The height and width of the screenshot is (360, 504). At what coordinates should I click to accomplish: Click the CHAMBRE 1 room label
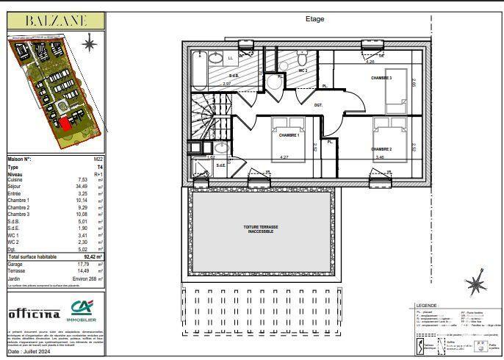coord(289,135)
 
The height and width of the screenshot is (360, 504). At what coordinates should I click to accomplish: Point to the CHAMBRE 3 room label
coord(381,78)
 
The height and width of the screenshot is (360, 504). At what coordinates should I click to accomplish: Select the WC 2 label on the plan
coord(303,70)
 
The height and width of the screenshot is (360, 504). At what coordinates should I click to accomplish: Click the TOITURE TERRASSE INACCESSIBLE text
coord(261,229)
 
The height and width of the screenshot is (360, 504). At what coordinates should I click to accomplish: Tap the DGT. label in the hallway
coord(318,105)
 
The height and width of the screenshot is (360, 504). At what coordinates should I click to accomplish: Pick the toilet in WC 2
coord(303,57)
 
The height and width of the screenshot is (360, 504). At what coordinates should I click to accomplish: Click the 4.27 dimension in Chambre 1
coord(284,156)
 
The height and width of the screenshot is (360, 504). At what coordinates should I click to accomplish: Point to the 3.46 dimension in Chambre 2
coord(380,156)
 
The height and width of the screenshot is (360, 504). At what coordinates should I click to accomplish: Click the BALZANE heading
coord(56,21)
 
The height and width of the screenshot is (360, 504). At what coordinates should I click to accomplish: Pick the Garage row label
coord(15,263)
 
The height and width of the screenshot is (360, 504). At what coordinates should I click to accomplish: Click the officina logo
coord(34,314)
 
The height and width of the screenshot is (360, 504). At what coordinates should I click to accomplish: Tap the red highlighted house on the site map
coord(65,123)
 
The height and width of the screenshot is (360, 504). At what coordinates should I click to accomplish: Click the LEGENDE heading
coord(427,305)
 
